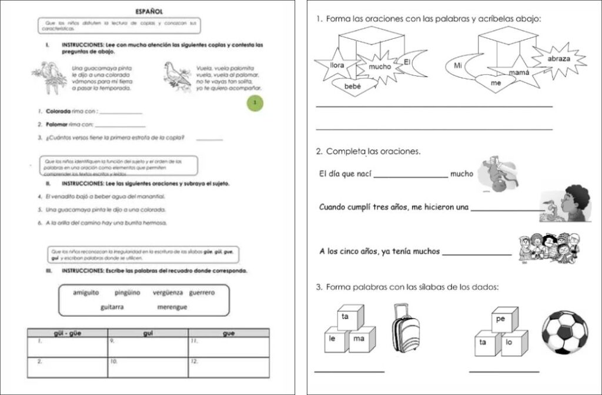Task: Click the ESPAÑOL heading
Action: (x=149, y=11)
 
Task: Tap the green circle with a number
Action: (x=255, y=104)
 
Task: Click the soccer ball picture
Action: (x=564, y=333)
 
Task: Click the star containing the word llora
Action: (x=336, y=65)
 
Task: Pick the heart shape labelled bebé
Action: (x=352, y=87)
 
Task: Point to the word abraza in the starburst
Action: (x=558, y=59)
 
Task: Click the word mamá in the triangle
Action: (x=519, y=72)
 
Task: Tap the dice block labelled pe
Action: (x=501, y=319)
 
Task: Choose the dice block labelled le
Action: (x=332, y=340)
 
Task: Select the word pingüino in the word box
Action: (x=127, y=292)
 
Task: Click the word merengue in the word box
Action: (x=172, y=307)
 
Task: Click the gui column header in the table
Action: (x=148, y=333)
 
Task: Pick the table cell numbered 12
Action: (x=229, y=366)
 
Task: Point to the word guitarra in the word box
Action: (x=112, y=307)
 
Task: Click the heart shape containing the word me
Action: (x=496, y=84)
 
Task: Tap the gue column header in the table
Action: (x=229, y=333)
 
